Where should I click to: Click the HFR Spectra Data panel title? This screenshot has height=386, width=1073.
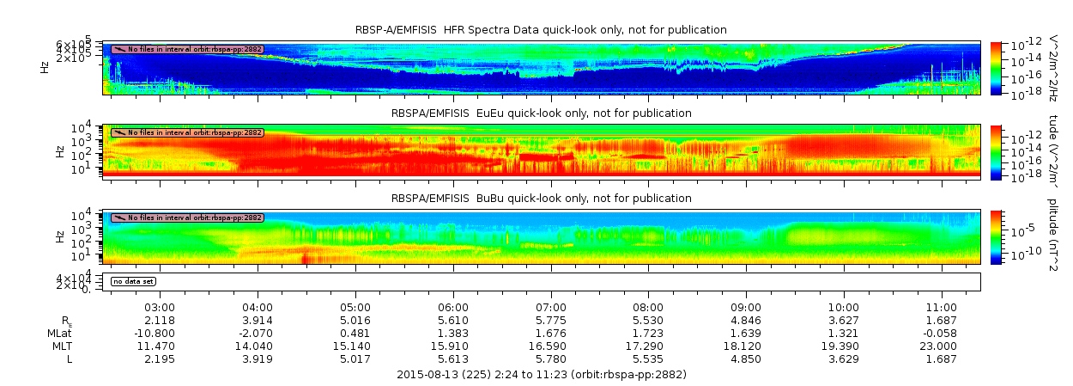[x=541, y=30]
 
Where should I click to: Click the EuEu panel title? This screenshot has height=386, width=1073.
[x=541, y=113]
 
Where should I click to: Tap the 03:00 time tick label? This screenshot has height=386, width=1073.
[x=161, y=307]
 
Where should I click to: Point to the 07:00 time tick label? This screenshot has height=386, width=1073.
[x=551, y=307]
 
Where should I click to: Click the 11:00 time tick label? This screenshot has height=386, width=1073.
[x=942, y=307]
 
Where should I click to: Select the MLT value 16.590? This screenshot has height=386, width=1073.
[x=551, y=346]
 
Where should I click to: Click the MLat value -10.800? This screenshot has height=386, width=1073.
[x=161, y=333]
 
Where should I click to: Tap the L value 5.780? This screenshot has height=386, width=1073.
[x=551, y=358]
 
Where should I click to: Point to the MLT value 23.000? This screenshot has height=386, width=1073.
[x=942, y=346]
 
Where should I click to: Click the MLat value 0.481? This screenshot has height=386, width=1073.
[x=356, y=333]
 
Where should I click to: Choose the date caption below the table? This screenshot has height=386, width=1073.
[x=541, y=375]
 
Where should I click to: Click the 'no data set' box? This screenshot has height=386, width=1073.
[x=133, y=281]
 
